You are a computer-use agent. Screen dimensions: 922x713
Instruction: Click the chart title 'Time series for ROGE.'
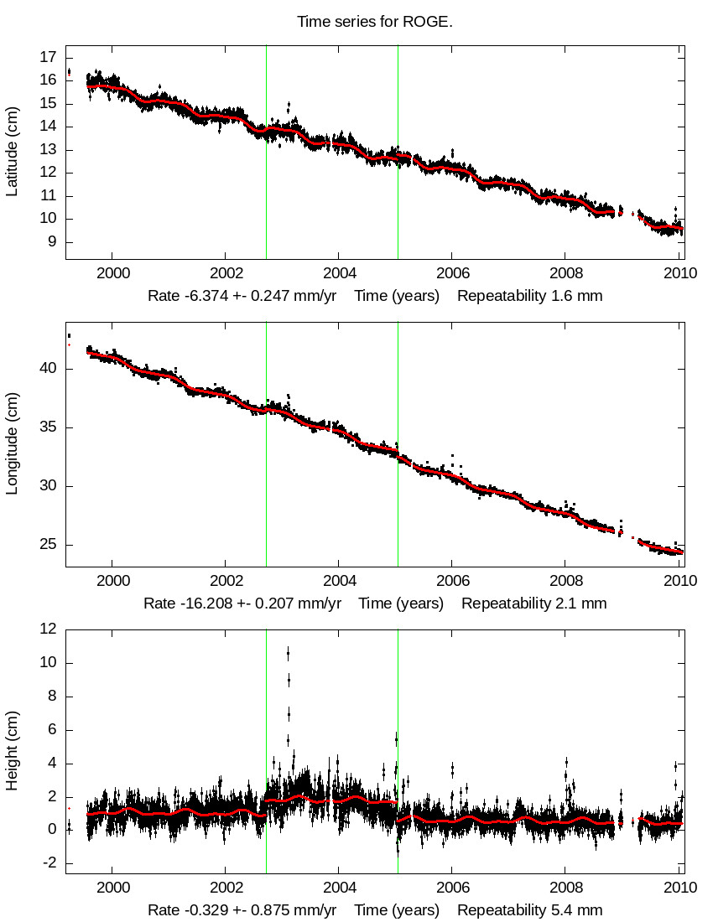(x=375, y=22)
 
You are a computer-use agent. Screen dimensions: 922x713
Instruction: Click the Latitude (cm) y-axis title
(x=13, y=151)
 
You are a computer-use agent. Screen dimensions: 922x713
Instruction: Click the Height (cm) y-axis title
(x=13, y=751)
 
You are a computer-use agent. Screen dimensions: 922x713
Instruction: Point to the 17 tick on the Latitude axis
(x=48, y=57)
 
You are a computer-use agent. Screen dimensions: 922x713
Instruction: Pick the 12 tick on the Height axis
(x=48, y=629)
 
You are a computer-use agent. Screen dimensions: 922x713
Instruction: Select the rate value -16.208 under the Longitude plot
(x=217, y=603)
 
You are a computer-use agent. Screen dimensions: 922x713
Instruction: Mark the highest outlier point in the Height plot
(x=289, y=651)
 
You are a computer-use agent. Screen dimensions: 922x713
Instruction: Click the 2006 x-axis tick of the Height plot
(x=452, y=887)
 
